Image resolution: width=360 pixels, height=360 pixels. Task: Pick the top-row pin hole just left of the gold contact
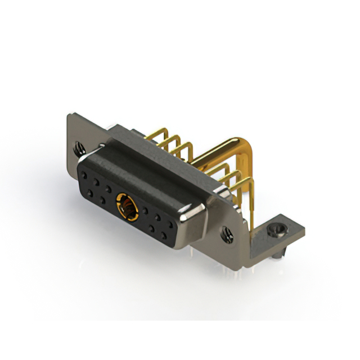(x=108, y=189)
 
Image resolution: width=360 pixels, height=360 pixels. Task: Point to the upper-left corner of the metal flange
(x=69, y=116)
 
